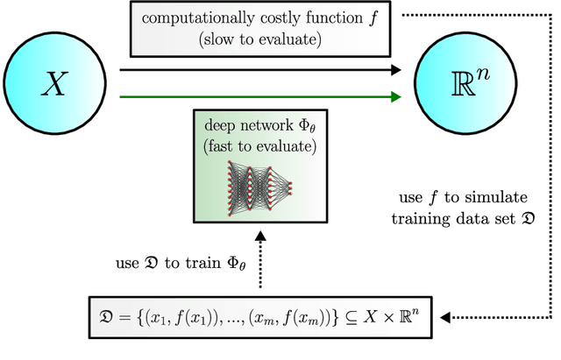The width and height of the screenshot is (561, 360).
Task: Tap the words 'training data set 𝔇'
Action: click(476, 215)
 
